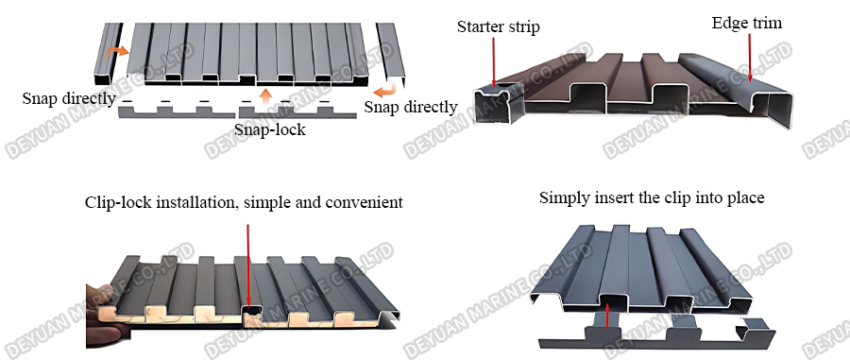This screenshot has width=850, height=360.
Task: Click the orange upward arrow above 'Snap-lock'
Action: tap(266, 94)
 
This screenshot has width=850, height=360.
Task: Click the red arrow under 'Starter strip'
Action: tap(492, 66)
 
